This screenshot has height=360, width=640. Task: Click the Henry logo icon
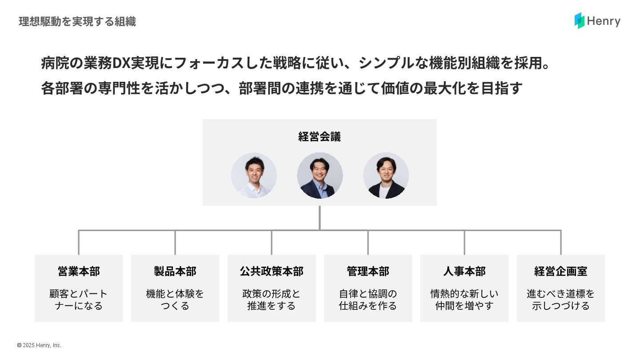click(x=579, y=20)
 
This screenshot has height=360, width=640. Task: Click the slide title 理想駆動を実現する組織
click(x=77, y=21)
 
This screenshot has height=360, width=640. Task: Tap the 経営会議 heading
click(x=320, y=136)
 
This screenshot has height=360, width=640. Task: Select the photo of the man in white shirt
click(x=254, y=176)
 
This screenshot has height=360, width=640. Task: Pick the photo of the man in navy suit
click(x=320, y=176)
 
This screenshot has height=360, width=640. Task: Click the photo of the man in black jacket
click(x=386, y=176)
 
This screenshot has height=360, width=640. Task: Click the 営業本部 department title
click(x=79, y=271)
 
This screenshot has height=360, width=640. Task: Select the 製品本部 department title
click(x=175, y=271)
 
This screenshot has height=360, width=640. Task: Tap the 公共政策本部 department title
click(x=272, y=271)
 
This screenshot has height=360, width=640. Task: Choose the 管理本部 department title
click(x=368, y=271)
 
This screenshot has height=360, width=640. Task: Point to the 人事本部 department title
click(x=464, y=271)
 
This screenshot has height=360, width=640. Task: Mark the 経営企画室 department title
click(x=561, y=271)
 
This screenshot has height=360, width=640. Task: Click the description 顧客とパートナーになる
click(x=79, y=300)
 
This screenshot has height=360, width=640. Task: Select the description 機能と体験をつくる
click(x=175, y=300)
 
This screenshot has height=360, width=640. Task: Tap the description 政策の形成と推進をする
click(x=272, y=300)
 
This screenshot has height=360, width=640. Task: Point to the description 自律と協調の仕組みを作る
click(x=368, y=300)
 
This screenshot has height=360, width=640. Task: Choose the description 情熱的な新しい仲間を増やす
click(x=464, y=300)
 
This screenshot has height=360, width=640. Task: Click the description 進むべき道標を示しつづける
click(x=561, y=300)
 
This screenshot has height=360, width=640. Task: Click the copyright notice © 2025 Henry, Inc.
click(x=39, y=345)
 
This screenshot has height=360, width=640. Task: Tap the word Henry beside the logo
click(x=604, y=21)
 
